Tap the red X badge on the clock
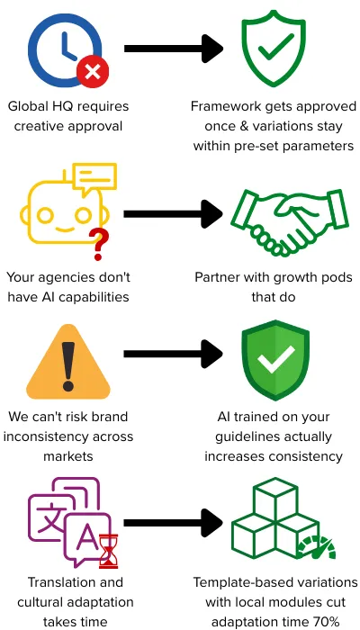click(x=93, y=72)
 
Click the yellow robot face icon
click(x=64, y=213)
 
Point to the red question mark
click(x=97, y=244)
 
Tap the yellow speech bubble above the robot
click(x=94, y=177)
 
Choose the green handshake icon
click(x=290, y=222)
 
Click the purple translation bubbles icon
click(x=69, y=520)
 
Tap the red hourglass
click(x=109, y=551)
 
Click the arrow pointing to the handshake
click(x=173, y=214)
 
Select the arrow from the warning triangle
click(x=173, y=354)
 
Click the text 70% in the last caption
click(x=326, y=622)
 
